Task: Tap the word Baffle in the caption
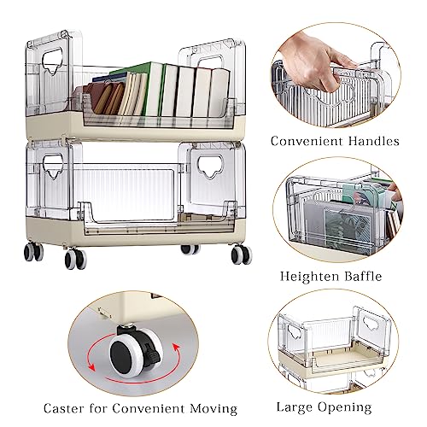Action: click(x=363, y=276)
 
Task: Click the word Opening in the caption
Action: click(x=345, y=407)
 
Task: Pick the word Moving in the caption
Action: click(x=213, y=409)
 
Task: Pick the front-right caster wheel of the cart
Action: click(x=242, y=254)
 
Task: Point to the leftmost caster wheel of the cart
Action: click(x=33, y=252)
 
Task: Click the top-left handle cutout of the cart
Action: click(x=52, y=61)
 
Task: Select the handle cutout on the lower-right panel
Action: click(x=211, y=167)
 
